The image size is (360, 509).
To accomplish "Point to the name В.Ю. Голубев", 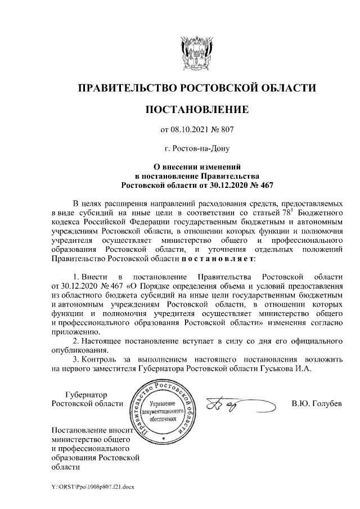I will point(317,403).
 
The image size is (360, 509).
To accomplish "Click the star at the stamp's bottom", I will point(163,437).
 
